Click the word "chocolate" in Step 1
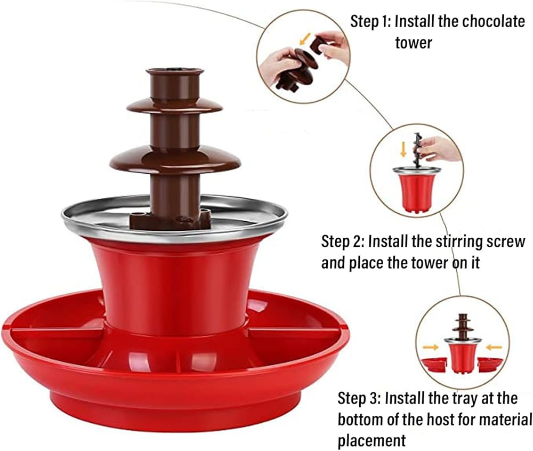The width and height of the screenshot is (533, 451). (494, 21)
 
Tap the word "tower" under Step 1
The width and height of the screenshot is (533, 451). (414, 43)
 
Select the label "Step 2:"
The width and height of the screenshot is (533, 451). (343, 241)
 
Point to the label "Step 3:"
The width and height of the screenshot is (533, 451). (359, 398)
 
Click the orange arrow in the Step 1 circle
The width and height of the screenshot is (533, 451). (305, 38)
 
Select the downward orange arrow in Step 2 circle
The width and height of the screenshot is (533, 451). (403, 150)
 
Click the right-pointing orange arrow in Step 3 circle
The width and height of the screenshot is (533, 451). (430, 347)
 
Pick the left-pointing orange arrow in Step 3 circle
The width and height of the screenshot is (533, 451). (494, 348)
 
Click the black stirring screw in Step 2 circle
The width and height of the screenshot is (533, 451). (418, 150)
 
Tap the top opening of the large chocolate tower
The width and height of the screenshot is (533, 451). (175, 71)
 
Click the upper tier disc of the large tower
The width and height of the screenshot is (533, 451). (175, 106)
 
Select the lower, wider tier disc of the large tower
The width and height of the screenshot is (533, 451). (175, 159)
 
